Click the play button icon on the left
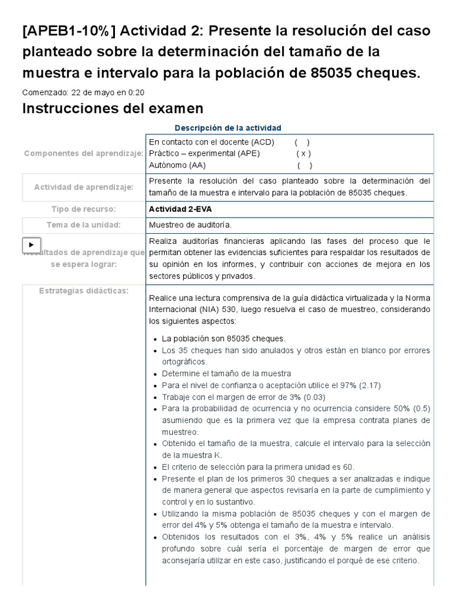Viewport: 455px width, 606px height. click(31, 244)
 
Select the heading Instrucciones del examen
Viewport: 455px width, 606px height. click(113, 108)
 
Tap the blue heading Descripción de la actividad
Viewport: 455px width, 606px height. click(228, 128)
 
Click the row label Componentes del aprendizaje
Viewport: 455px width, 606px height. click(84, 154)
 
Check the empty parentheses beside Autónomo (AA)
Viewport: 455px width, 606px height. click(305, 166)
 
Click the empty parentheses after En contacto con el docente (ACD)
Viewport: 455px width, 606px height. click(302, 143)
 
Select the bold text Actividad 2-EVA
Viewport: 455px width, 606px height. click(177, 209)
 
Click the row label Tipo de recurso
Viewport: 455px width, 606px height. click(84, 209)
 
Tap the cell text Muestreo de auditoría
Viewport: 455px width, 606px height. click(190, 225)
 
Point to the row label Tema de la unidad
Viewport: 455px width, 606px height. click(84, 225)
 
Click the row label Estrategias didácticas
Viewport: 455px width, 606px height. click(84, 291)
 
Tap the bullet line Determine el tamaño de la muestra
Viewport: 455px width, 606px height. click(226, 373)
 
